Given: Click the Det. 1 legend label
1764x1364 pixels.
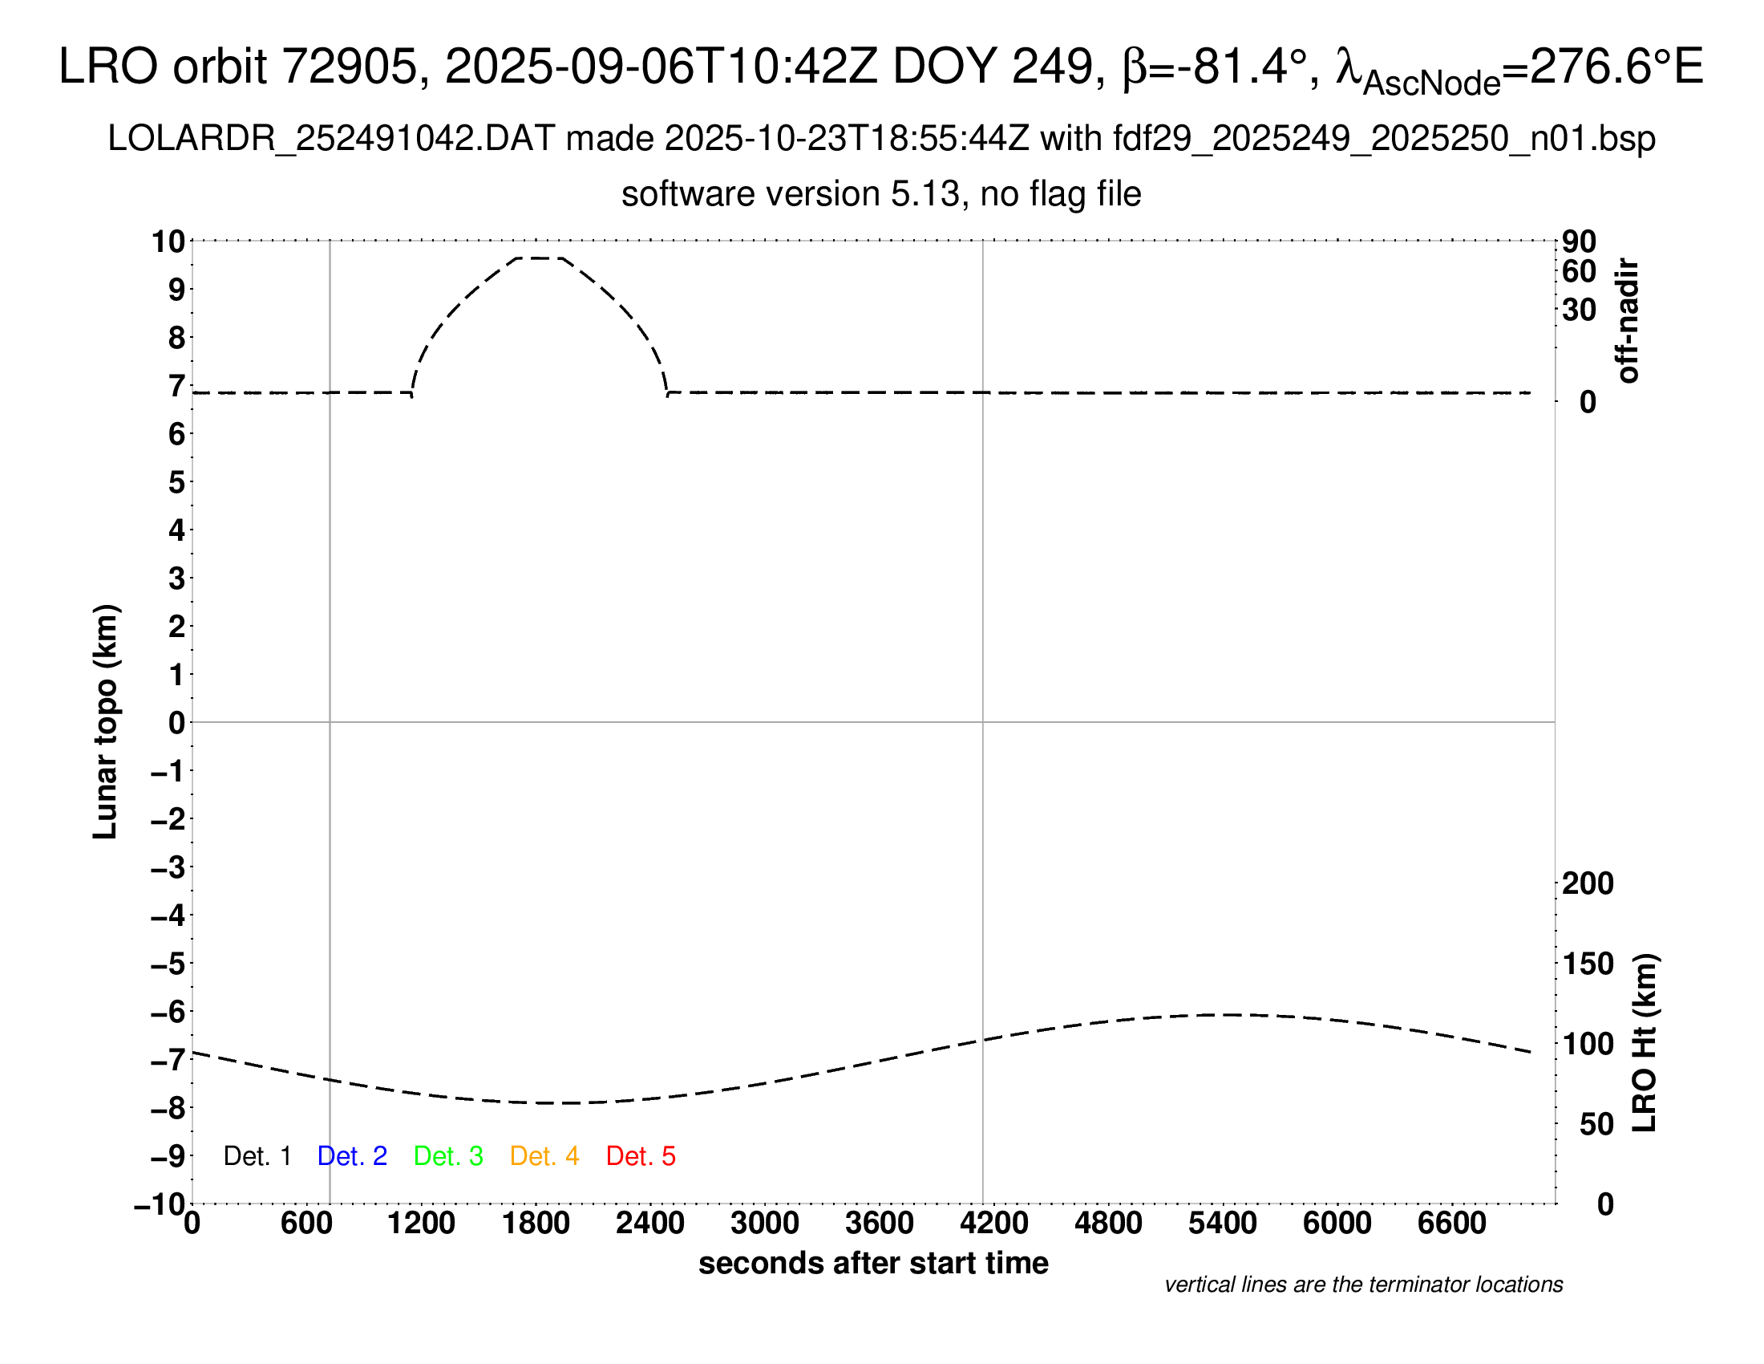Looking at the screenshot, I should click(x=257, y=1156).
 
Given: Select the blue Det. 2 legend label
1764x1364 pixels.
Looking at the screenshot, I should click(x=352, y=1156).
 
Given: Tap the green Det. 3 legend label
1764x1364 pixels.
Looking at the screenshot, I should click(x=448, y=1156).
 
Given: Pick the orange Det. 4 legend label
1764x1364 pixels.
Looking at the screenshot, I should click(x=544, y=1156).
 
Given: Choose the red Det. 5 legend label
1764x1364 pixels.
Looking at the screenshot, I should click(x=641, y=1156).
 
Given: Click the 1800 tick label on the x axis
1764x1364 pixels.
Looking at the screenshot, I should click(x=536, y=1224).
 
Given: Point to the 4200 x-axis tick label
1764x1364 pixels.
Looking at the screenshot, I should click(x=993, y=1224).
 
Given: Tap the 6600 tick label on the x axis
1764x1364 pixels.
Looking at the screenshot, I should click(x=1451, y=1224).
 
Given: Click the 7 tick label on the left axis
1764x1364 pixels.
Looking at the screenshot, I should click(x=177, y=386).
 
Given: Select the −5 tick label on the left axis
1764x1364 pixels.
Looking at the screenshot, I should click(x=168, y=964).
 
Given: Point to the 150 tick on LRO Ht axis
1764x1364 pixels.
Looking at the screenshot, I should click(x=1587, y=964).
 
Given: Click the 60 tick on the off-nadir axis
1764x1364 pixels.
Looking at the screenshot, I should click(x=1579, y=271).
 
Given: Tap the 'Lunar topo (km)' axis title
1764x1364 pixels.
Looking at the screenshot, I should click(x=106, y=721).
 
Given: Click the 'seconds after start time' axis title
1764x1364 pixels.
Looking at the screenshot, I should click(x=873, y=1263).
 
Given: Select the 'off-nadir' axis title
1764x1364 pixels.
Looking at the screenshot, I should click(x=1628, y=321).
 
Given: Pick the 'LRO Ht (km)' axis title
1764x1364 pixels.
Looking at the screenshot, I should click(x=1645, y=1043).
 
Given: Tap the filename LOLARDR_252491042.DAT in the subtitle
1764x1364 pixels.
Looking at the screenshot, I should click(x=331, y=139).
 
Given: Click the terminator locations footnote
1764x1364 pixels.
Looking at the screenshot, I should click(x=1363, y=1285).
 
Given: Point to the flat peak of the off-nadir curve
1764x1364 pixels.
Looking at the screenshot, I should click(x=539, y=258).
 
